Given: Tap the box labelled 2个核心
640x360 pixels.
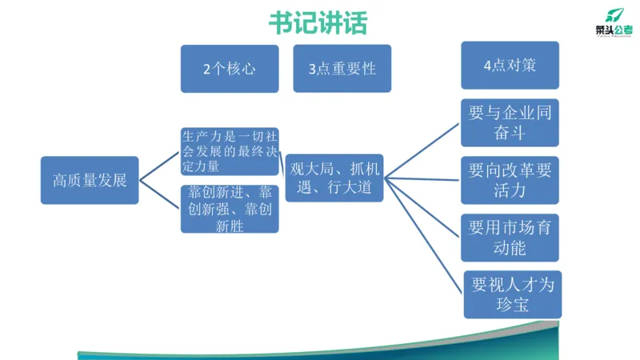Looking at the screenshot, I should point(230,69).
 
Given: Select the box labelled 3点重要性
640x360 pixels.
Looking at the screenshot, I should point(342,69).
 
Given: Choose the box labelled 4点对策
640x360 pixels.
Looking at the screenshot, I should point(510,66).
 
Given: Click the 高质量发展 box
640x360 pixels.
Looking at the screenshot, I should point(90,181).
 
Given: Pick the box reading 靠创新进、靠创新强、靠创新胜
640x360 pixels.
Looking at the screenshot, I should point(230,209).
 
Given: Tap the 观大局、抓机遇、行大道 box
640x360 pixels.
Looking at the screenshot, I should point(334,178).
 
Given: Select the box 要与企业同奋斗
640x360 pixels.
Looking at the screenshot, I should point(510,123).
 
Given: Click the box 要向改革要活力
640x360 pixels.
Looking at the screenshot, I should point(510,179).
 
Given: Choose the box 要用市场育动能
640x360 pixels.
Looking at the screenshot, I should point(510,237).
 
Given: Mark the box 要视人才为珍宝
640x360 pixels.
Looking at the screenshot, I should point(513,294).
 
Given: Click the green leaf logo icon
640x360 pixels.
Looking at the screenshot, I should point(614,14).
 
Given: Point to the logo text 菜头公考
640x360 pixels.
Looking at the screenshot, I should point(614,30).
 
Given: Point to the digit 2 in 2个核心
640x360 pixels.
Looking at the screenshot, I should point(207,70).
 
